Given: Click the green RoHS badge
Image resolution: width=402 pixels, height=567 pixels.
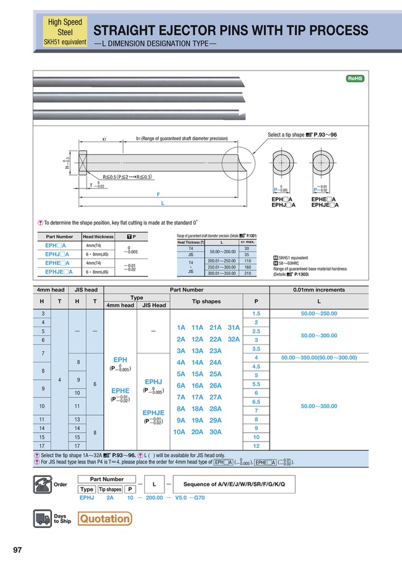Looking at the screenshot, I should pyautogui.click(x=354, y=78).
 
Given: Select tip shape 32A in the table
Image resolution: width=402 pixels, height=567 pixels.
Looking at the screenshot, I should pyautogui.click(x=233, y=339).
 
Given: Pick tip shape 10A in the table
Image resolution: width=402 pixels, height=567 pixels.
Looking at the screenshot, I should pyautogui.click(x=181, y=432).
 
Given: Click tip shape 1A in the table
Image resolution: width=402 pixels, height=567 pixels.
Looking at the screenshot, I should pyautogui.click(x=181, y=327).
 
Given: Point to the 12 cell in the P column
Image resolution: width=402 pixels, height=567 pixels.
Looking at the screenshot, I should pyautogui.click(x=255, y=445).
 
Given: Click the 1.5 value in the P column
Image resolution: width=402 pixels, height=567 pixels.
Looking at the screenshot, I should pyautogui.click(x=255, y=314).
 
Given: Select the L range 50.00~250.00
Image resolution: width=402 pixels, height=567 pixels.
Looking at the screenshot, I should pyautogui.click(x=319, y=314).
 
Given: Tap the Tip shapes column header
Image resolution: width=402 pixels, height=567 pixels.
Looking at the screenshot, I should pyautogui.click(x=206, y=301).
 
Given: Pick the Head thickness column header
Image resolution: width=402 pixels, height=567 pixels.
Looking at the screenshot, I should pyautogui.click(x=98, y=237).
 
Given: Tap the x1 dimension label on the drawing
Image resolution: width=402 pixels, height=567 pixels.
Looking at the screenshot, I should pyautogui.click(x=105, y=140).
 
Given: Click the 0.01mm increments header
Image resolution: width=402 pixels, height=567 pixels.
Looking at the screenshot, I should pyautogui.click(x=319, y=289).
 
